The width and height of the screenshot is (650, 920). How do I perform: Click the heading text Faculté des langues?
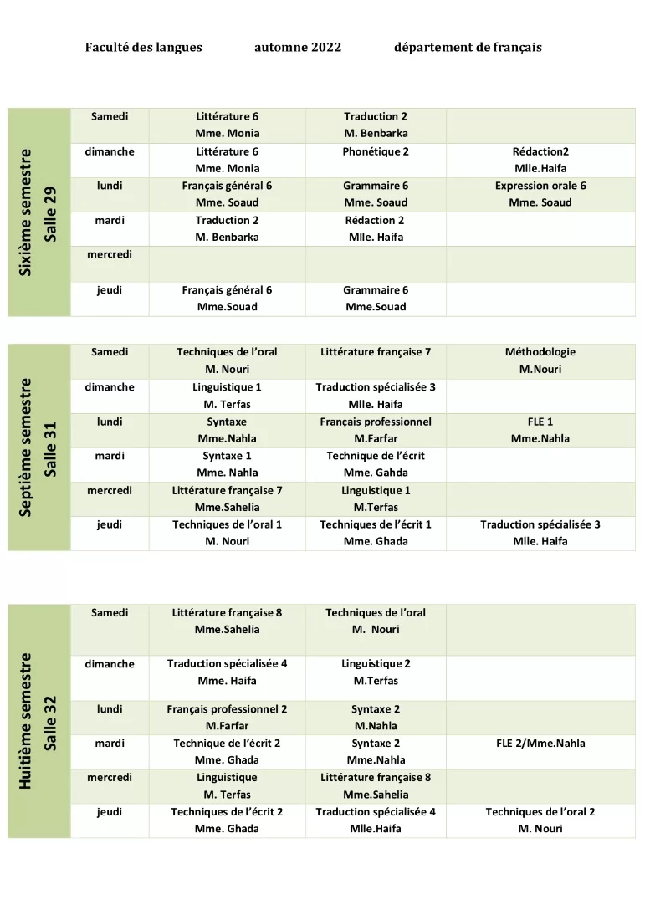coord(143,48)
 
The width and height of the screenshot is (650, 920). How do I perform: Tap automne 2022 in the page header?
coord(298,48)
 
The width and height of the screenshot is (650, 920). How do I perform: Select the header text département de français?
coord(468,48)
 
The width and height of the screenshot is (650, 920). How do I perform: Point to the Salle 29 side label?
coord(51,212)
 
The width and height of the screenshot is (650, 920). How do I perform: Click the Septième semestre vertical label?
coord(26,447)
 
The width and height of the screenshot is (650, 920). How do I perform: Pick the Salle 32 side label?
coord(51,722)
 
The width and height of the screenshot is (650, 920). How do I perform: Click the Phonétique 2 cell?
coord(376,151)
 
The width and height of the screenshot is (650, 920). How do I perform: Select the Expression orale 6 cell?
coord(540,186)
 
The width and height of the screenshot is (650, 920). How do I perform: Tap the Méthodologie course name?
coord(540,352)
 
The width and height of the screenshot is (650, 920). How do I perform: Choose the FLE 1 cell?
coord(540,422)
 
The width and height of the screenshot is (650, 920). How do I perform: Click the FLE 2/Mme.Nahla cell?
coord(540,743)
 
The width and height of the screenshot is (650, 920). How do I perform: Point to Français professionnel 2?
coord(227,708)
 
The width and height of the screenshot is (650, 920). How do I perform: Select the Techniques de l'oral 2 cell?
coord(540,811)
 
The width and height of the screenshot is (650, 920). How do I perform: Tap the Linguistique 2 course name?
coord(376,663)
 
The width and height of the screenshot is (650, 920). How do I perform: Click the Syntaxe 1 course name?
coord(227,456)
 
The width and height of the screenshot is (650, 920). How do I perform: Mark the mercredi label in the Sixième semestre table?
coord(110,254)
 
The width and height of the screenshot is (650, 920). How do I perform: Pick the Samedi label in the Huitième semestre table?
coord(110,612)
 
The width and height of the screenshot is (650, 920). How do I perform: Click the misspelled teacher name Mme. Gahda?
coord(376,473)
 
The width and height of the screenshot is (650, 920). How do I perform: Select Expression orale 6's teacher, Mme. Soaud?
coord(540,202)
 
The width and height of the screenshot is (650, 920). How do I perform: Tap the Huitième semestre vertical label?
coord(26,721)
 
